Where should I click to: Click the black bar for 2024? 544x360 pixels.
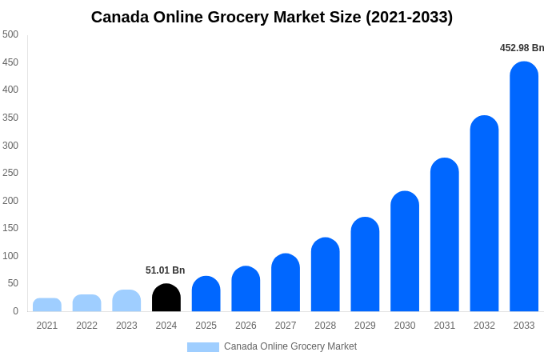(166, 298)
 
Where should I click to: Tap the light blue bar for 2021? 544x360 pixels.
(47, 305)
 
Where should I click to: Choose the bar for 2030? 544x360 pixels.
(405, 251)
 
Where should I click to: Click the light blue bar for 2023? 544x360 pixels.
(126, 301)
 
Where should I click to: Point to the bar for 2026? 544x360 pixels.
(246, 289)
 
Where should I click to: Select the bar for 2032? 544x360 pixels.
(484, 214)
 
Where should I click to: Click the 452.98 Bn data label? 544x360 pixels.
(522, 48)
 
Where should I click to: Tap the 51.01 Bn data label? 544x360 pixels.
(165, 270)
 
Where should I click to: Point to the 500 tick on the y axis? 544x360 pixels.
(10, 34)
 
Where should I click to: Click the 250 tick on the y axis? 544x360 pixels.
(10, 173)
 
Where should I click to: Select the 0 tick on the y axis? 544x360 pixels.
(15, 311)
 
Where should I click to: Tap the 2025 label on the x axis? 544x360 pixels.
(206, 326)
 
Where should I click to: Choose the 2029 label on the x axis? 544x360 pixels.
(365, 326)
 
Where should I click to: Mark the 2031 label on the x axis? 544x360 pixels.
(444, 326)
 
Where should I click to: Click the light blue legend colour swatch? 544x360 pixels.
(203, 347)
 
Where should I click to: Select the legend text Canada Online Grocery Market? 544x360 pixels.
(290, 346)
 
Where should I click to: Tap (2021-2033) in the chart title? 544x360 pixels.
(409, 17)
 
